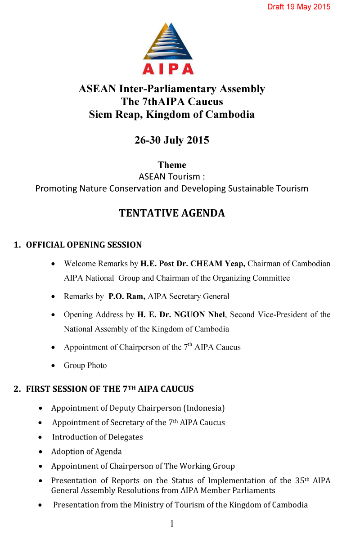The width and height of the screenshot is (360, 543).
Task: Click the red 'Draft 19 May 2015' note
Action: [299, 7]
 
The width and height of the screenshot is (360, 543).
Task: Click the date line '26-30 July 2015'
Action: [171, 140]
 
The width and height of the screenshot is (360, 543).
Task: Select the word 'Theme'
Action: [171, 165]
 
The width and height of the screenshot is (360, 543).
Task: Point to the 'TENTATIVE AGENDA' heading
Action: [171, 213]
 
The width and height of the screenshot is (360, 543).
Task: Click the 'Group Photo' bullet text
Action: [85, 365]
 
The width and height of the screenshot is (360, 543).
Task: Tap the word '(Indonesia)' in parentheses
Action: [203, 408]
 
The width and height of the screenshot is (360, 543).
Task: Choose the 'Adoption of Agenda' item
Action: [86, 451]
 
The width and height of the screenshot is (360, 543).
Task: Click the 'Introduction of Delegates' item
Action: [97, 437]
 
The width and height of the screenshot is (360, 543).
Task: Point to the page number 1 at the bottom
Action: [172, 524]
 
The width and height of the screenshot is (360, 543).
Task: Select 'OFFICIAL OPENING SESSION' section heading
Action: [84, 245]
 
